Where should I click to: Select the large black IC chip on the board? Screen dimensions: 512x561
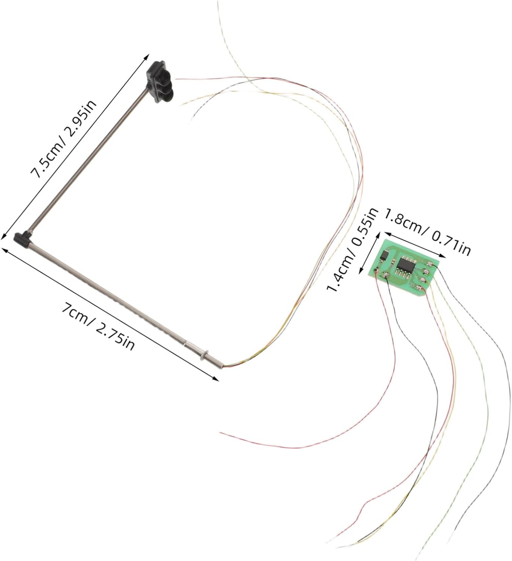[x=404, y=264]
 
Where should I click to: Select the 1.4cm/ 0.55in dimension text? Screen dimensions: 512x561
[x=352, y=250]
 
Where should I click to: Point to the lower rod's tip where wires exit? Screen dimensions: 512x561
[x=223, y=365]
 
